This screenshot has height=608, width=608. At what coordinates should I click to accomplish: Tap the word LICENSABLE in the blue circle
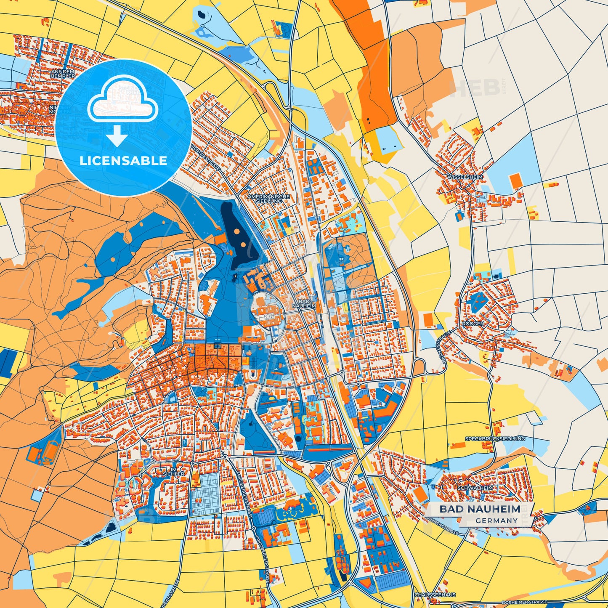point(123,161)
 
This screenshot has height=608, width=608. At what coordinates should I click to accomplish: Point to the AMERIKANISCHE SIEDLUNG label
point(269,199)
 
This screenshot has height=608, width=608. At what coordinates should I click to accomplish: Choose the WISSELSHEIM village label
point(465,177)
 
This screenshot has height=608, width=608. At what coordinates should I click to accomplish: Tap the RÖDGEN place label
point(473,324)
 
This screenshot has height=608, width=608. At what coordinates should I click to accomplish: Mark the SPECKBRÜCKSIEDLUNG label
point(495,439)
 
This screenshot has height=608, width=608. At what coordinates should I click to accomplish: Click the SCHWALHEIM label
point(475,488)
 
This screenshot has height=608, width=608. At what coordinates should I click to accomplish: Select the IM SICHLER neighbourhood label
point(173,472)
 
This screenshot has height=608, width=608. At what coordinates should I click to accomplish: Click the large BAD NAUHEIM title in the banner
point(480,509)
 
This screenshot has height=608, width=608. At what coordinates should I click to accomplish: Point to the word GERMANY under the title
point(496,521)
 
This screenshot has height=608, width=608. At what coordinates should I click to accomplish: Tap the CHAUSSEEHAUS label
point(435,595)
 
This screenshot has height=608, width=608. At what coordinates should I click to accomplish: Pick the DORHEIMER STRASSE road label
point(524,602)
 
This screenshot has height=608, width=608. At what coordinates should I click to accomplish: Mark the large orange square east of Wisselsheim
point(515,181)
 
